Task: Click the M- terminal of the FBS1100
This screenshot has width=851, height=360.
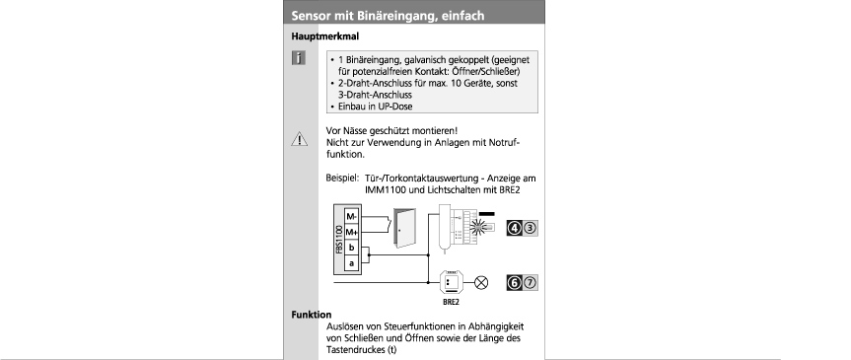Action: [352, 217]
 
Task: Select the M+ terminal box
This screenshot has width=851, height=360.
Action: [352, 233]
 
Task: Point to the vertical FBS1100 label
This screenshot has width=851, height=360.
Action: [338, 240]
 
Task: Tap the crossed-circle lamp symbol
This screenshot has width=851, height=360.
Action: [481, 283]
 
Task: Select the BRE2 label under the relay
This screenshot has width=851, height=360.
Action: [451, 303]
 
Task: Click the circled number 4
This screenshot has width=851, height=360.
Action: [515, 229]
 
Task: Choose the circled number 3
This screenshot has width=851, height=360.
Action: [530, 229]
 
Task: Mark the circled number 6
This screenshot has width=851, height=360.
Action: [515, 283]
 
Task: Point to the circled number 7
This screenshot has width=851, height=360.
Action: [530, 283]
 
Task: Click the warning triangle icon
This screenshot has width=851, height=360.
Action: [299, 139]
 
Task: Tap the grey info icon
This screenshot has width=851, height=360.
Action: [299, 58]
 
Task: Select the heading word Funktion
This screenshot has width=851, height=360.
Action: [312, 315]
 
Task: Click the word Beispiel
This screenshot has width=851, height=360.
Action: [342, 179]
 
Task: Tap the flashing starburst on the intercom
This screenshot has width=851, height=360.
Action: [477, 228]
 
